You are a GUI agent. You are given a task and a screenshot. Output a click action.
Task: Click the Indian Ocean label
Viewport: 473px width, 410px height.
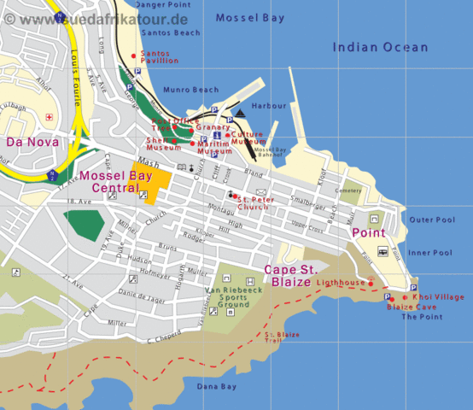tap(380, 48)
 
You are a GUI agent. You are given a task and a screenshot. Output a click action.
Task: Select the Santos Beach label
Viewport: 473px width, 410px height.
tap(171, 32)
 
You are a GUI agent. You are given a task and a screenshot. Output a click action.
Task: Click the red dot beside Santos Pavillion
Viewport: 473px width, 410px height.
tap(134, 56)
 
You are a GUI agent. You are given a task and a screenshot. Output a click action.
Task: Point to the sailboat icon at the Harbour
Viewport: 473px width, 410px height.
tap(241, 113)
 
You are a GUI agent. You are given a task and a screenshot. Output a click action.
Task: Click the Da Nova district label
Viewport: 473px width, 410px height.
tap(32, 142)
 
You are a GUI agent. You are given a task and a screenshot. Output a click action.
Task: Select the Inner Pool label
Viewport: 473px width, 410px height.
tap(429, 253)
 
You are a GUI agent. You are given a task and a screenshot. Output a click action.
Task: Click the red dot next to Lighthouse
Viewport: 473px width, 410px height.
tap(371, 283)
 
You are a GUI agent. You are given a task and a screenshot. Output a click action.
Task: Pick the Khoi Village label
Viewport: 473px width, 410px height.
tap(438, 296)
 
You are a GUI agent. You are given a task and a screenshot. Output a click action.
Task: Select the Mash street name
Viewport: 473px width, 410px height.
tap(148, 161)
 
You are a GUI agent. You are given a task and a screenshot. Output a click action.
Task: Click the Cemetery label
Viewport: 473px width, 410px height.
tap(348, 190)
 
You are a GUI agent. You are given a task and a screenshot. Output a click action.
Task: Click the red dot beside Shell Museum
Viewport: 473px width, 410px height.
tap(174, 141)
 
